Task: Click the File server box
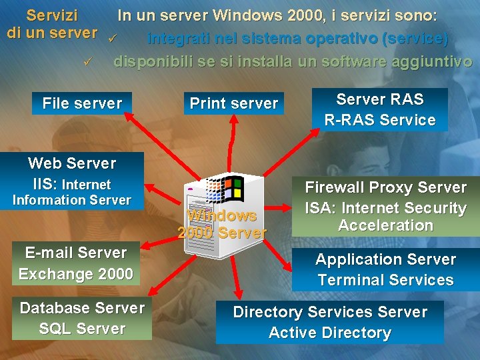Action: [82, 103]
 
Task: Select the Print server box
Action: [233, 103]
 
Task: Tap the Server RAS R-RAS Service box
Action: [379, 110]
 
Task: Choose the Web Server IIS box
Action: [72, 181]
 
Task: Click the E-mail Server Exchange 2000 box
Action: [75, 263]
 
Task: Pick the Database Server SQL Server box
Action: [82, 318]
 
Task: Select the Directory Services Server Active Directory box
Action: [329, 322]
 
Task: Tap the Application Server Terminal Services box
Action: [385, 269]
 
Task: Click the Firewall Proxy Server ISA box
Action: [385, 207]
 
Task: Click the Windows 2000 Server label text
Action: [222, 224]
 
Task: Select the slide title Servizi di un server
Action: [52, 23]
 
